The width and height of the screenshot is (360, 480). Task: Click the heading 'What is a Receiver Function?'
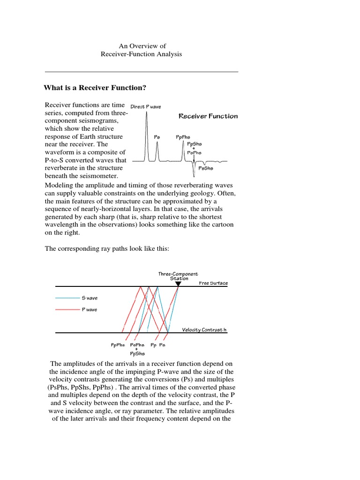(x=95, y=88)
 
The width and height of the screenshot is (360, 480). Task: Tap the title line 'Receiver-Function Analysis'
(x=141, y=54)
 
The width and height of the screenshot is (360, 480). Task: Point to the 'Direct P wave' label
(x=145, y=107)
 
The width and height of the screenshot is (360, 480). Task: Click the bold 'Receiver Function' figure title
(x=208, y=116)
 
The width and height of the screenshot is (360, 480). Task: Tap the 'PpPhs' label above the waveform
(x=183, y=137)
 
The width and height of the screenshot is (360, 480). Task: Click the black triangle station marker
(x=178, y=284)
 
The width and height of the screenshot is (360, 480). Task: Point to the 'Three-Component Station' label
(x=178, y=276)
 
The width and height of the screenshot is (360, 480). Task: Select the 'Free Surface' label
(x=213, y=283)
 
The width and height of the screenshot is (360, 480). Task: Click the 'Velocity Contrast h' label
(x=204, y=330)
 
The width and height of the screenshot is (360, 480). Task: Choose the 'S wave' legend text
(x=90, y=298)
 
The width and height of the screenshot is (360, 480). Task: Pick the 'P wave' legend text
(x=90, y=310)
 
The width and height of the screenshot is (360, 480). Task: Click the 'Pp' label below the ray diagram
(x=153, y=345)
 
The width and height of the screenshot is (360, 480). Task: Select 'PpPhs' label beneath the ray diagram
(x=118, y=345)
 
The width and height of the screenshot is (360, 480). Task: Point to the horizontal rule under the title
(x=142, y=72)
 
